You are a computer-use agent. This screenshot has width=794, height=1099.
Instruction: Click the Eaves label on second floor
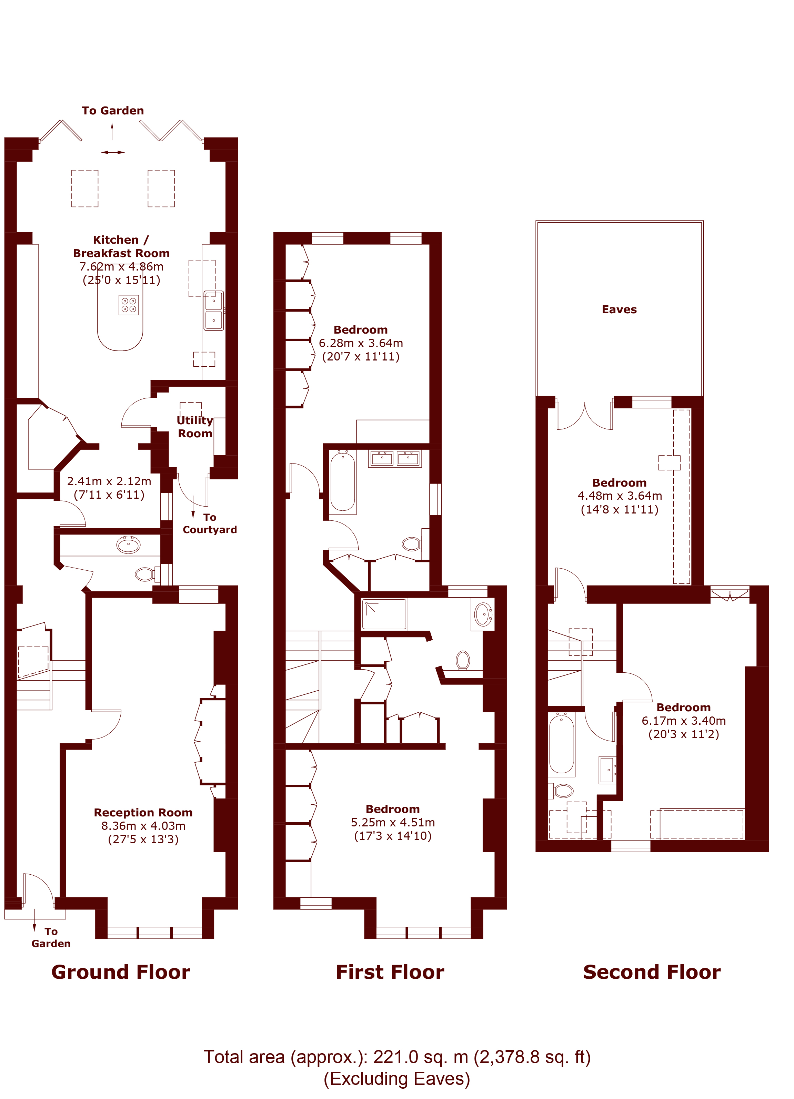click(x=619, y=309)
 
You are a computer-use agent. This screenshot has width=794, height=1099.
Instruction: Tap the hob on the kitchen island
click(x=129, y=305)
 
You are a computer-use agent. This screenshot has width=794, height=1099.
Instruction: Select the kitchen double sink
click(x=213, y=311)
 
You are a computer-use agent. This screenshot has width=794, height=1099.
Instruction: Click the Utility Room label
click(x=195, y=427)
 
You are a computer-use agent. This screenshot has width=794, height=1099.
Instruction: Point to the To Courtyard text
click(x=209, y=523)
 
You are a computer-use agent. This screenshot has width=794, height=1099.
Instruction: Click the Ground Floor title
click(x=121, y=972)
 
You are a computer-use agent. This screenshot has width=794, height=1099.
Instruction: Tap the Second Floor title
click(x=652, y=972)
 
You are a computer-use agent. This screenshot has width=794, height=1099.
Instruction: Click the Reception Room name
click(x=143, y=812)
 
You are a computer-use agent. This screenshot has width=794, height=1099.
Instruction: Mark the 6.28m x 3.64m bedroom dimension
click(x=361, y=343)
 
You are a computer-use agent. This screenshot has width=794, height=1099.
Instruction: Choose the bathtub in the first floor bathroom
click(x=343, y=482)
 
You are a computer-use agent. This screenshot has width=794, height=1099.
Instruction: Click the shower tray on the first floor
click(x=384, y=614)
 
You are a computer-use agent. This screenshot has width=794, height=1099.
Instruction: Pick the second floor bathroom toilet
click(x=562, y=791)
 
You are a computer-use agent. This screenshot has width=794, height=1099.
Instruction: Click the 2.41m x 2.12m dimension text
click(x=109, y=481)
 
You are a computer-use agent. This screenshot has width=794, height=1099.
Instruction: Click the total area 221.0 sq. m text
click(x=396, y=1057)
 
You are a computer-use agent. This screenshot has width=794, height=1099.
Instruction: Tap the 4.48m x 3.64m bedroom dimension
click(x=620, y=496)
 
